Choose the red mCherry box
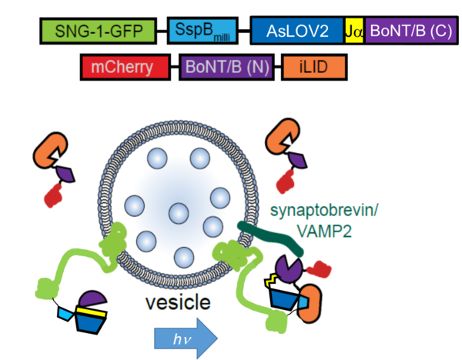125,68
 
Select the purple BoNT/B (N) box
225,68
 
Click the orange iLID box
315,68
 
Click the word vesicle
178,302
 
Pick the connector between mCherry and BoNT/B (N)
175,68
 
